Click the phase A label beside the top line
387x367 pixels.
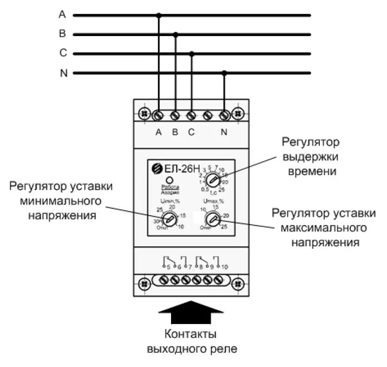[62, 15]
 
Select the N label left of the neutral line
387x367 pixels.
[63, 73]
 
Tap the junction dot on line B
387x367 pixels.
[175, 35]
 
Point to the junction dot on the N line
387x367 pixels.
[224, 73]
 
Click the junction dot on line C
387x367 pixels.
[192, 53]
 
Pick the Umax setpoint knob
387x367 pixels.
[213, 218]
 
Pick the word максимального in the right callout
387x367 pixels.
[324, 228]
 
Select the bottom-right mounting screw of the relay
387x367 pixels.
[238, 284]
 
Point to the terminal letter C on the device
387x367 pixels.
[191, 133]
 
